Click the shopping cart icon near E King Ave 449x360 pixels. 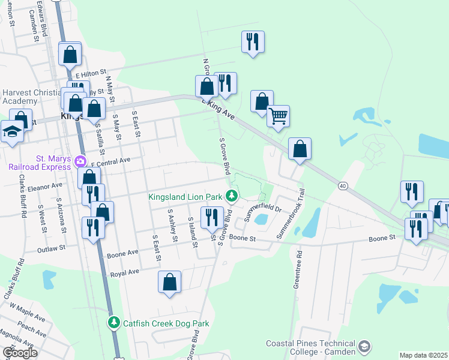(x=278, y=116)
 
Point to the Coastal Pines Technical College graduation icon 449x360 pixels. (x=364, y=347)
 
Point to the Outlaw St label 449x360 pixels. (x=50, y=249)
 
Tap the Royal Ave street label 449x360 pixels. (x=124, y=272)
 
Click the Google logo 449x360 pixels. (x=20, y=353)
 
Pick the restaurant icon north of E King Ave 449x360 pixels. (x=252, y=42)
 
